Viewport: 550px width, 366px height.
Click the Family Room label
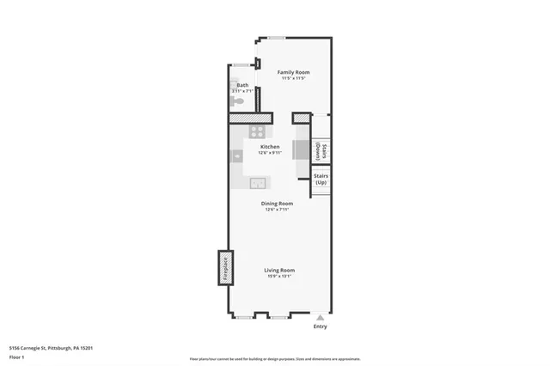(x=293, y=72)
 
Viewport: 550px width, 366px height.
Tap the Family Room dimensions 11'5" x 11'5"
(x=293, y=79)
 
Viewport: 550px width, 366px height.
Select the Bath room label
(x=242, y=85)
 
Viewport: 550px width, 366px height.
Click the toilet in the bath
(x=239, y=101)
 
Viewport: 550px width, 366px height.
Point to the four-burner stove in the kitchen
(x=257, y=131)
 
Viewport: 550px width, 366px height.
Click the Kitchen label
(x=270, y=147)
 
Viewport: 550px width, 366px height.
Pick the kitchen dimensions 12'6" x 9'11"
(x=270, y=153)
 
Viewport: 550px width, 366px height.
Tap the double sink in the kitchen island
(x=257, y=182)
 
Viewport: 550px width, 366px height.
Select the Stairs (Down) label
(x=320, y=151)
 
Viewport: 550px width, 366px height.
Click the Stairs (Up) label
(x=321, y=180)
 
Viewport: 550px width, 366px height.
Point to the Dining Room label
(x=277, y=203)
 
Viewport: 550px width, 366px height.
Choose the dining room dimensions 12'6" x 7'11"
(x=277, y=209)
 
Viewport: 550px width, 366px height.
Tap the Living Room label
(x=279, y=270)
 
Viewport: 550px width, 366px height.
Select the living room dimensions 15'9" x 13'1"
(x=279, y=277)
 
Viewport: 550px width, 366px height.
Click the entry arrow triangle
(x=321, y=316)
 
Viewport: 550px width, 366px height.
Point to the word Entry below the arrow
(x=321, y=326)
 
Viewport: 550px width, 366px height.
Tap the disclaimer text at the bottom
(x=275, y=359)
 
